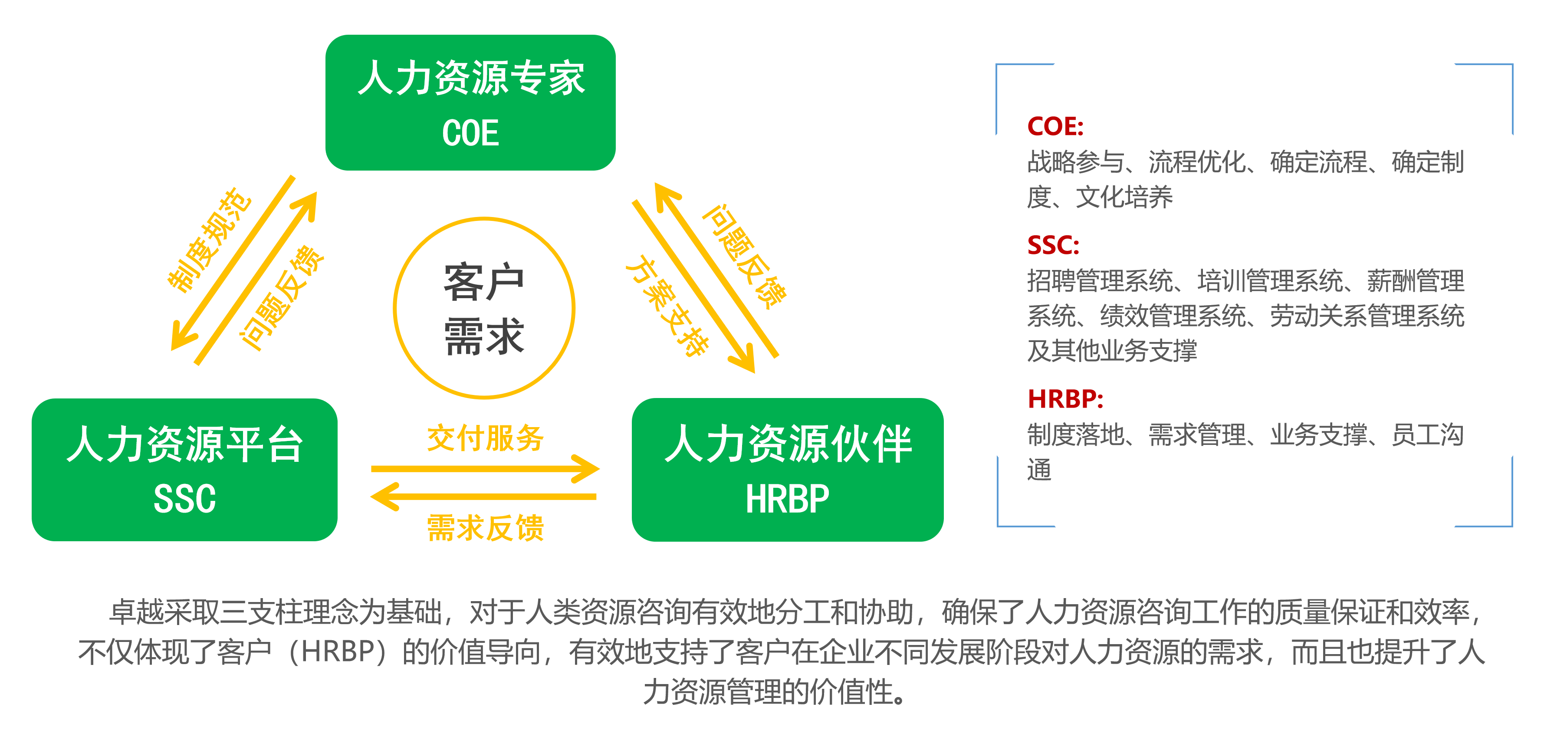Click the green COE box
470,102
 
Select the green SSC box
184,470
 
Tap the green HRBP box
787,470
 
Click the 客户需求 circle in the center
484,308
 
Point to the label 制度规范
209,240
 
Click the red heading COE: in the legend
1055,127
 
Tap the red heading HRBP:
1065,399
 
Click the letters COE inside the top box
470,133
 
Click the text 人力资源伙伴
788,444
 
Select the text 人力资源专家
470,78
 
